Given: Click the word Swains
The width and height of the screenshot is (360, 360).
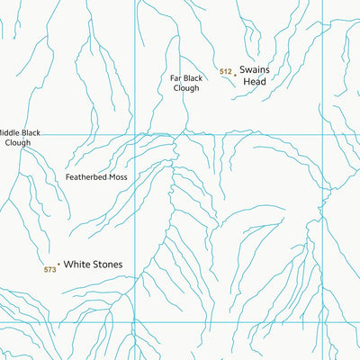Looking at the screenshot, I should pyautogui.click(x=256, y=68).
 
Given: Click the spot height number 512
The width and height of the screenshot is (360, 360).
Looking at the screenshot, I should pyautogui.click(x=226, y=71).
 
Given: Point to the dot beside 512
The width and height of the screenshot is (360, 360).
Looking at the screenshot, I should pyautogui.click(x=236, y=75).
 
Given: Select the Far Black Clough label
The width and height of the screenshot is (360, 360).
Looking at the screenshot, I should pyautogui.click(x=185, y=83).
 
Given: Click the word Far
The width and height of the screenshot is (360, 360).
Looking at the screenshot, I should pyautogui.click(x=176, y=77).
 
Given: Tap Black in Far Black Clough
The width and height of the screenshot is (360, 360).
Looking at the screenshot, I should pyautogui.click(x=193, y=77).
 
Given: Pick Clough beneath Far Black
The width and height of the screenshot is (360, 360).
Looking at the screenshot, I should pyautogui.click(x=185, y=88).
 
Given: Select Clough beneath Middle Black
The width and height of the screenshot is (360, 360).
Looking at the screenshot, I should pyautogui.click(x=17, y=142).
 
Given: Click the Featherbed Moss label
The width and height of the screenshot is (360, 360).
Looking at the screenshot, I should pyautogui.click(x=96, y=177).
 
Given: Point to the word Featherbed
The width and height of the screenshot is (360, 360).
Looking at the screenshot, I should pyautogui.click(x=85, y=177).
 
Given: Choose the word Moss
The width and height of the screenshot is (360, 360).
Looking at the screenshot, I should pyautogui.click(x=118, y=177).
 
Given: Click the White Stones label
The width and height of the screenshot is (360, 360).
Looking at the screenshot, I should pyautogui.click(x=93, y=265).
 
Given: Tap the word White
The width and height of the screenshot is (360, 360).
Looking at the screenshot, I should pyautogui.click(x=77, y=265).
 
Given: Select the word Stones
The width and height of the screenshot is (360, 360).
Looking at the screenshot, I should pyautogui.click(x=107, y=265).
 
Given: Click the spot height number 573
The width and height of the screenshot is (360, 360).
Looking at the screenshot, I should pyautogui.click(x=49, y=269).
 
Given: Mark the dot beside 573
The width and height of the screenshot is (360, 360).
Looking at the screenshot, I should pyautogui.click(x=58, y=265).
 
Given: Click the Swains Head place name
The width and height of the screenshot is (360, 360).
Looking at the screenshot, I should pyautogui.click(x=256, y=74).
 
